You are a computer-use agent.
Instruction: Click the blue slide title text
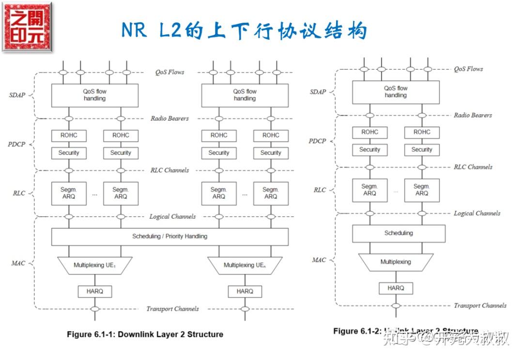[x=245, y=30]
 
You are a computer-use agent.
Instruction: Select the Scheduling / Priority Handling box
[x=169, y=237]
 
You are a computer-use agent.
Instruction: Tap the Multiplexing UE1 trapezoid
[x=95, y=265]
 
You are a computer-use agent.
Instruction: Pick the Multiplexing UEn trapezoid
[x=245, y=265]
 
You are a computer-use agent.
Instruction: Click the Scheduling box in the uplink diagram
[x=399, y=233]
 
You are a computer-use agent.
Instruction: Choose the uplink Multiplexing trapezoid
[x=396, y=262]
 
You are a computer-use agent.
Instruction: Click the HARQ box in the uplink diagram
[x=396, y=288]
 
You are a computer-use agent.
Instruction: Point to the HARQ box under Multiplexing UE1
[x=95, y=291]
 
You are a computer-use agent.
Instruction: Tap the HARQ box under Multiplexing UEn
[x=245, y=291]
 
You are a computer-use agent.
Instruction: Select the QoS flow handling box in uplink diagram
[x=396, y=92]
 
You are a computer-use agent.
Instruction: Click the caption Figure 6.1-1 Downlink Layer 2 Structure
[x=145, y=334]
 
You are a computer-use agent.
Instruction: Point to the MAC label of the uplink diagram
[x=319, y=260]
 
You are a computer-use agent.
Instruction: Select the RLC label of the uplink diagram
[x=320, y=190]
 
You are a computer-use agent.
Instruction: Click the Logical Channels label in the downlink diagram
[x=172, y=217]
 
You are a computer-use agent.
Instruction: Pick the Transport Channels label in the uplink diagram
[x=479, y=305]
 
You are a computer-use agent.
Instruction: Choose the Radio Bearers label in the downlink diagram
[x=169, y=119]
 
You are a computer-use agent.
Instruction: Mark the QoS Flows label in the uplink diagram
[x=468, y=69]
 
